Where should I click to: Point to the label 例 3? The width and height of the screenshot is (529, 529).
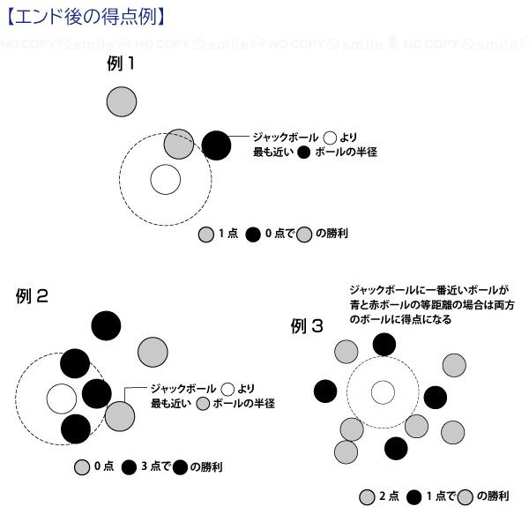point(307,327)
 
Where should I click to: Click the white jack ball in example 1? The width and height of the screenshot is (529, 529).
point(164,179)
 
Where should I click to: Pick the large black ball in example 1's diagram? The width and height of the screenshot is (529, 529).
point(216,144)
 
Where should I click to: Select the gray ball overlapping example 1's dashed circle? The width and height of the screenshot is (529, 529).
point(179,143)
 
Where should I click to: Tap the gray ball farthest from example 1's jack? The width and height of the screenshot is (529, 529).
point(122,102)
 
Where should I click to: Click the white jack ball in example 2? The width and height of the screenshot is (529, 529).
point(61,399)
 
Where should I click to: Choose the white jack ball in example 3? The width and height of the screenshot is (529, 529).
point(383,391)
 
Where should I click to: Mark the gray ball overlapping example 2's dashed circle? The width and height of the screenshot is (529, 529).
point(119,414)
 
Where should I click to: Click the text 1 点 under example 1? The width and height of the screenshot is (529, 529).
point(227,235)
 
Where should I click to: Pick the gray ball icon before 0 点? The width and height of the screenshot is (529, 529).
point(82,467)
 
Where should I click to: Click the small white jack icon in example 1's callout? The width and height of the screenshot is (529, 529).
point(330,138)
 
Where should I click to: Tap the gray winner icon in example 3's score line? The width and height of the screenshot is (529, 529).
point(465,496)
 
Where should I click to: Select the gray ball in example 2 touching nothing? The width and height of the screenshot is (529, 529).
point(153,352)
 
